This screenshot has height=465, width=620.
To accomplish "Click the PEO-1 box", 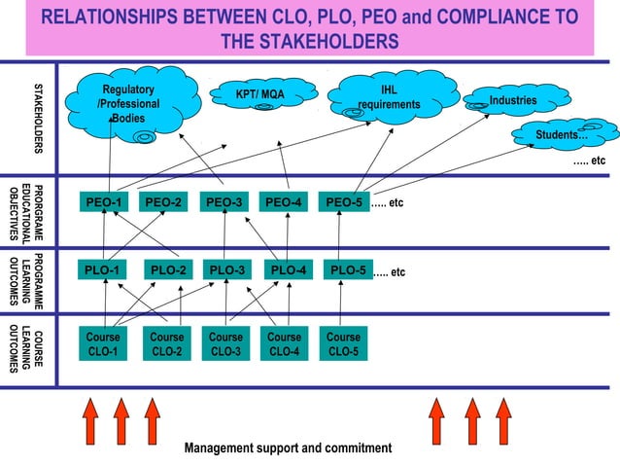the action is click(104, 202).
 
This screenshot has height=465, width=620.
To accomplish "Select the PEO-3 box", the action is click(224, 202).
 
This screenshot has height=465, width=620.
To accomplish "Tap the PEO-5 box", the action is click(344, 202).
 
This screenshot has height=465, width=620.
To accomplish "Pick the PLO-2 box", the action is click(168, 269).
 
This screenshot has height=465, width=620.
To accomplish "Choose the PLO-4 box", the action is click(289, 269).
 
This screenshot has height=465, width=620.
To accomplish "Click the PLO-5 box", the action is click(348, 269).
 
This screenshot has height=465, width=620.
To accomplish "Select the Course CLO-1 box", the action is click(103, 343).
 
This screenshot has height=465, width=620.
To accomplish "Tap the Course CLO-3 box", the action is click(225, 343).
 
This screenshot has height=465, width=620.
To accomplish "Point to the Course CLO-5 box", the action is click(343, 343).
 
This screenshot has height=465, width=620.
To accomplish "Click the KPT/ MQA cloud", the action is click(263, 95).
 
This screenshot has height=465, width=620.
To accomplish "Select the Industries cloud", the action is click(517, 100).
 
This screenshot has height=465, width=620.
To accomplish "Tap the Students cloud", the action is click(565, 134).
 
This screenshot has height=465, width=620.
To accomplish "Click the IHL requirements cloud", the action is click(393, 97).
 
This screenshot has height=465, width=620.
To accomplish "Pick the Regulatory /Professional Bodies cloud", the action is click(132, 105).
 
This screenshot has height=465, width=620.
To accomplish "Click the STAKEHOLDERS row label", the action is click(38, 119).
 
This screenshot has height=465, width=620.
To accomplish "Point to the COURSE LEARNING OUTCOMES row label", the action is click(26, 349).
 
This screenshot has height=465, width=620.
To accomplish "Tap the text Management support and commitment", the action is click(289, 448).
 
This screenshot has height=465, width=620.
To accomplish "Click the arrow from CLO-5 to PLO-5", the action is click(340, 304).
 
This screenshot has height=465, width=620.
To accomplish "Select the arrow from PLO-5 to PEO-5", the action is click(339, 235).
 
